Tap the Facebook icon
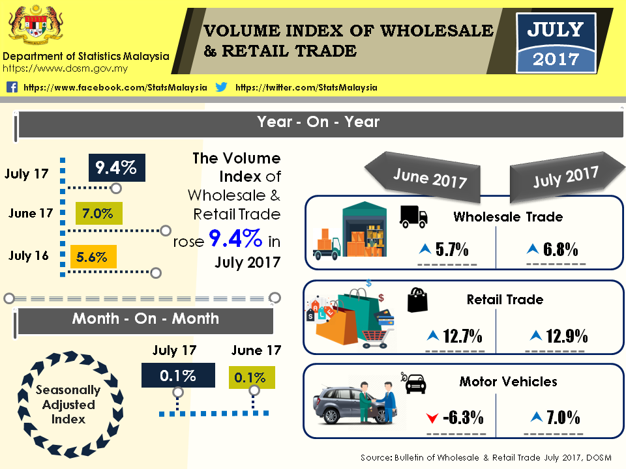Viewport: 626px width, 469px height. tap(12, 87)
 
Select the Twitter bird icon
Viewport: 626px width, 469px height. tap(221, 87)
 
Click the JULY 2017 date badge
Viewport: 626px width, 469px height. tap(556, 42)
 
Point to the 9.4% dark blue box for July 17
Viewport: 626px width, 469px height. tap(116, 167)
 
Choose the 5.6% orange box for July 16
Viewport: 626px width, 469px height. tap(92, 257)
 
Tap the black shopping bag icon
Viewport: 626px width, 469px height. tap(417, 300)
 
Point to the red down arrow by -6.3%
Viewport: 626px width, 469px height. tap(431, 418)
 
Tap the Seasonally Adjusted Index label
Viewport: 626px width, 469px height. tap(68, 405)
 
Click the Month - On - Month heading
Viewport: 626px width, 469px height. tap(145, 319)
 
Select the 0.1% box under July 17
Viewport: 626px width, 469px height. tap(178, 376)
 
